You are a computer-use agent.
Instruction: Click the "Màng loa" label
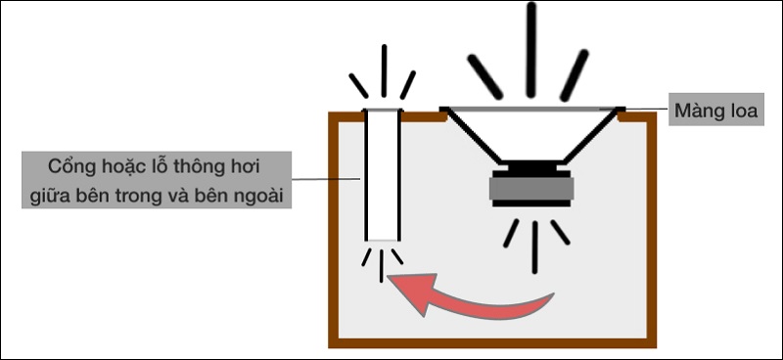coord(715,110)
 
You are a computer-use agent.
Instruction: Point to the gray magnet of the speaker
coord(531,189)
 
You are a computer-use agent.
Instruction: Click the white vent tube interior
coord(383,175)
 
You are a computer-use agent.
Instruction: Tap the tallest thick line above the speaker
coord(530,50)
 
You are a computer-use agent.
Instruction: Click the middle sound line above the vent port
coord(384,70)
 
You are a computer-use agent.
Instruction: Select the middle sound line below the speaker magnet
coord(534,247)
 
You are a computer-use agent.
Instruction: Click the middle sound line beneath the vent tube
coord(382,266)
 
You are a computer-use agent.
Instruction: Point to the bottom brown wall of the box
coord(492,343)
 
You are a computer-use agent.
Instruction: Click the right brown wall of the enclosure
coord(651,230)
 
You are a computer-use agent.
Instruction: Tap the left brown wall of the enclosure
coord(334,230)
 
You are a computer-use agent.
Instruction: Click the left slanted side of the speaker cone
coord(473,136)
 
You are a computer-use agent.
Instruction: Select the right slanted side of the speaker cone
coord(591,136)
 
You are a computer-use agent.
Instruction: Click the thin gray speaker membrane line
coord(531,109)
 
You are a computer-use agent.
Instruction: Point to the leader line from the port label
coord(326,178)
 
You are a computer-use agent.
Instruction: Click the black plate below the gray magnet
coord(531,203)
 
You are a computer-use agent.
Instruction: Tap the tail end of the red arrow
coord(553,294)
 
